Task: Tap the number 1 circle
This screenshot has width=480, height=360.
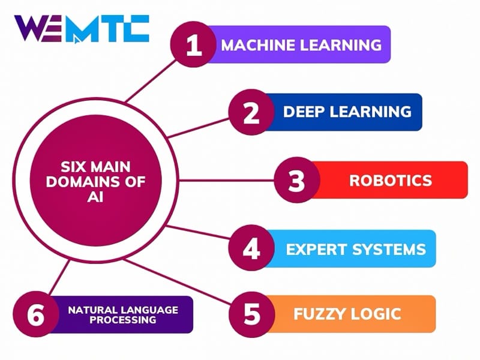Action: click(194, 44)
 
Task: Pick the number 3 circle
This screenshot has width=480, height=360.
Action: click(296, 180)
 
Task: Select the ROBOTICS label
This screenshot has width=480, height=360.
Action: click(391, 180)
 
